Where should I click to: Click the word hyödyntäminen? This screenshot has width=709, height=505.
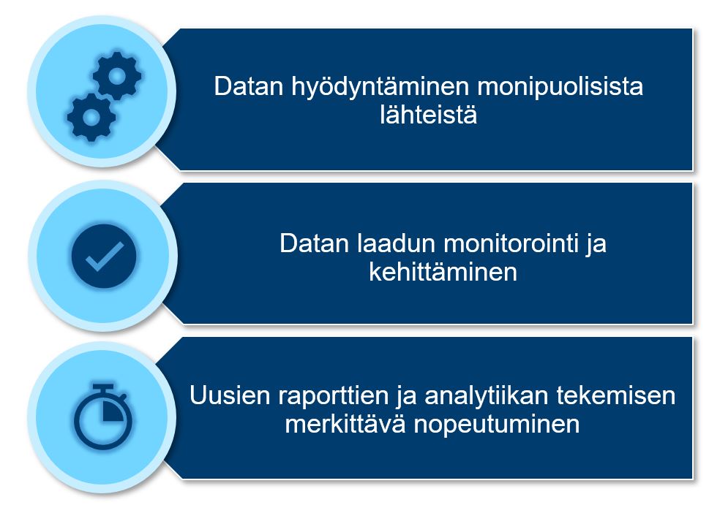[380, 87]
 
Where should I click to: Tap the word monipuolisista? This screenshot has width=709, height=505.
[560, 87]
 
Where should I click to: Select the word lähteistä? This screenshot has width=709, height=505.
[428, 115]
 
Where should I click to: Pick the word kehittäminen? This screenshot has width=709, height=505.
[443, 272]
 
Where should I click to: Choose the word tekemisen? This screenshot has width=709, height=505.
[615, 395]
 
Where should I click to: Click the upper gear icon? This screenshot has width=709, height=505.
[117, 76]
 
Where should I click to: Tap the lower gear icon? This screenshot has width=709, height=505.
[91, 118]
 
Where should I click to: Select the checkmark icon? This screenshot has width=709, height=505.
[104, 256]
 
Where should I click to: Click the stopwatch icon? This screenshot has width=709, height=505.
[103, 417]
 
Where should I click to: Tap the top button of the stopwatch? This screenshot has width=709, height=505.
[103, 387]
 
